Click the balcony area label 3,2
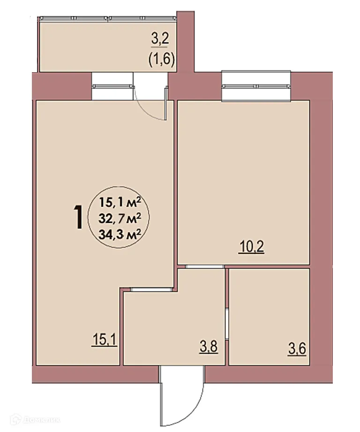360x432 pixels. click(160, 39)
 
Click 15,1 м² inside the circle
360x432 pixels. click(120, 203)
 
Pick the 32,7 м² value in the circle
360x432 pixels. click(120, 218)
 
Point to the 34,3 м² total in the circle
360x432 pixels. click(120, 233)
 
